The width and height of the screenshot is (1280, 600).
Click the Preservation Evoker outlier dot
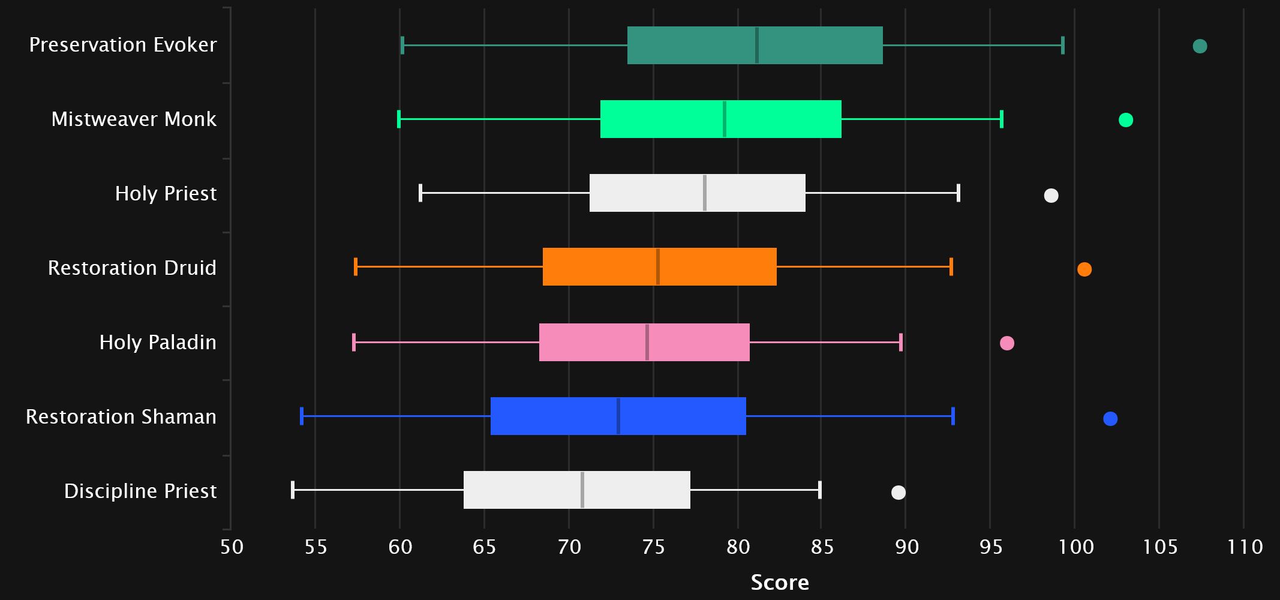click(1200, 46)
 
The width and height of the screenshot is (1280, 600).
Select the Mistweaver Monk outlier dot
click(1126, 120)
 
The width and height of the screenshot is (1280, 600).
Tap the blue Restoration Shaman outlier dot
click(1110, 419)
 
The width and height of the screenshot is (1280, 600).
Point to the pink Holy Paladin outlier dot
click(1007, 343)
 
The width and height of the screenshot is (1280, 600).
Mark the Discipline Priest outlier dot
click(899, 493)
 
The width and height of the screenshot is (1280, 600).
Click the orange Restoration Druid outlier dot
click(1084, 269)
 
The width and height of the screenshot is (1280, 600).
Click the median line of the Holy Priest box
click(705, 193)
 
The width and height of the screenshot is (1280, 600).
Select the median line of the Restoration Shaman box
click(618, 416)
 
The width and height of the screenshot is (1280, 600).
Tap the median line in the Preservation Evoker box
click(757, 46)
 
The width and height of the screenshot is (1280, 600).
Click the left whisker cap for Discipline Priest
click(293, 490)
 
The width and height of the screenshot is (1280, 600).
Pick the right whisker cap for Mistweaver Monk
click(1001, 119)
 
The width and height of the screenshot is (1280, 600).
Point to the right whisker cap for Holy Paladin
click(901, 342)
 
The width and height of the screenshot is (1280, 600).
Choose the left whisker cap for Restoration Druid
click(356, 266)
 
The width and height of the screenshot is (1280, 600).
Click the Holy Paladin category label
click(158, 342)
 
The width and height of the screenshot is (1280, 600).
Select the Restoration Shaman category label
click(121, 416)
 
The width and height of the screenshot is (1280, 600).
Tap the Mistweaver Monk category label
click(134, 119)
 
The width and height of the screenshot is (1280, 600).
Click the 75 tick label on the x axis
click(653, 547)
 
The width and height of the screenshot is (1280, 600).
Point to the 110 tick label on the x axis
click(1245, 547)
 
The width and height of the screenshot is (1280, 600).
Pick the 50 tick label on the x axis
click(232, 547)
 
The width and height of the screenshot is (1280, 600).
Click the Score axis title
click(780, 582)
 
